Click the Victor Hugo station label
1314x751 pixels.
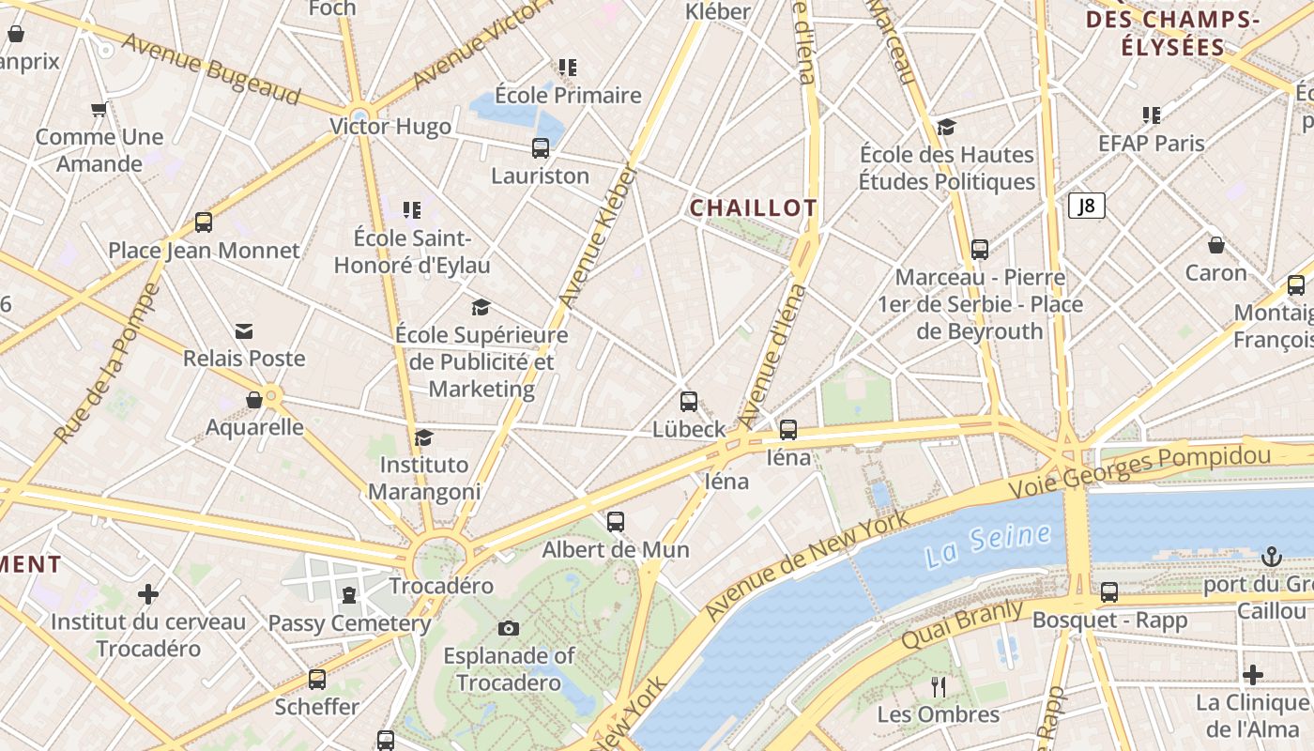(390, 127)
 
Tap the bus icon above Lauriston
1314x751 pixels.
(541, 147)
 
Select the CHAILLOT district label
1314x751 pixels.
(754, 207)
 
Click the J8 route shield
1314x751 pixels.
(1086, 206)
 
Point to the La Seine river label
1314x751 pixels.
(986, 545)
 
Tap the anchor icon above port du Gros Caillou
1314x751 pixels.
(1271, 557)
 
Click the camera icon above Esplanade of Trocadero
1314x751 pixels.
(509, 628)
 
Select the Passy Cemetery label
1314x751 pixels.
(349, 623)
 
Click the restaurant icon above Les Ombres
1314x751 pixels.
(938, 687)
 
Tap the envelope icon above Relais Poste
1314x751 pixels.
(244, 331)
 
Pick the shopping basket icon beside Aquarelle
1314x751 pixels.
(253, 400)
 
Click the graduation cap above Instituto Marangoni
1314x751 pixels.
(423, 437)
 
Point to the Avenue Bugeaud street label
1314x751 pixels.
(210, 69)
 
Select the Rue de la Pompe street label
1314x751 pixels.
(104, 363)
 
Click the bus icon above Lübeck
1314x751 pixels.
(689, 402)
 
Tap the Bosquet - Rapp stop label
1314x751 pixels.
(1109, 621)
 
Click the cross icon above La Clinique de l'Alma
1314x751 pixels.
(1252, 675)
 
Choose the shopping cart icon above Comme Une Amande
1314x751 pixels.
(99, 110)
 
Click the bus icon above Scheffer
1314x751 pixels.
(317, 679)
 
